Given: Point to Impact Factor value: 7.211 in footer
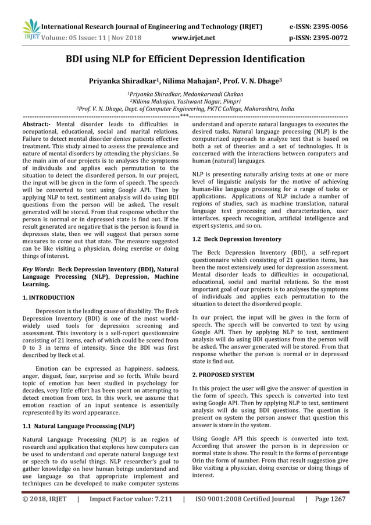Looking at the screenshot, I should coord(133,499).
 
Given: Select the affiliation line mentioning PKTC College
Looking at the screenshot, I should coord(185,109).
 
